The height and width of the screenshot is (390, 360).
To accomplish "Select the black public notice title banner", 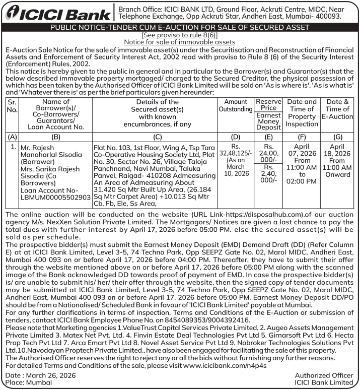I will tap(180, 28).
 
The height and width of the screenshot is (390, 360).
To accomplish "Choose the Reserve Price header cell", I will tap(268, 105).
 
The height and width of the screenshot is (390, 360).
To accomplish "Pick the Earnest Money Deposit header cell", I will tap(268, 121).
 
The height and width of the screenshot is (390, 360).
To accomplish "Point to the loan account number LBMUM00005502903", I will tap(49, 198).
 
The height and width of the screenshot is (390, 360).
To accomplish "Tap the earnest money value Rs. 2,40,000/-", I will tap(268, 174).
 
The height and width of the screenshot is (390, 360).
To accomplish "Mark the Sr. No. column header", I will tap(12, 105).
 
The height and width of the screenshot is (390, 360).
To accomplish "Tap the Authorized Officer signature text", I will tap(324, 375).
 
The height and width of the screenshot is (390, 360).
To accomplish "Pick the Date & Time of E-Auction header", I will tap(337, 109).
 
